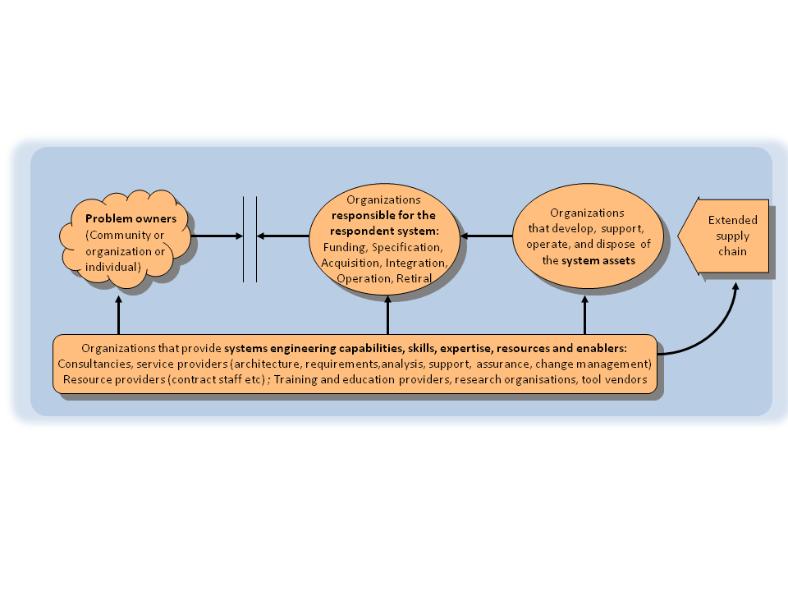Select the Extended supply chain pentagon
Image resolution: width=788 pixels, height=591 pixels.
click(x=726, y=236)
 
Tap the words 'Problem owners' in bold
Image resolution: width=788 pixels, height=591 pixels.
click(x=131, y=219)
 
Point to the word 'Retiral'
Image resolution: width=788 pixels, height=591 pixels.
click(x=415, y=279)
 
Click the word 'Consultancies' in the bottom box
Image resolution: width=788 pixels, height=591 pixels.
click(x=92, y=364)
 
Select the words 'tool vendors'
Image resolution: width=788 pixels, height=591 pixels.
click(x=615, y=379)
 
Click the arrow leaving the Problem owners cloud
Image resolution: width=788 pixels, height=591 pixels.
click(x=218, y=236)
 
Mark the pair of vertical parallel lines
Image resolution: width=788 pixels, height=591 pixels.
click(x=250, y=239)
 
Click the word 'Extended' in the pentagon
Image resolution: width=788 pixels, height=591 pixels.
click(x=733, y=220)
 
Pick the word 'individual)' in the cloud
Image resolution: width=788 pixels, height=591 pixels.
click(x=113, y=267)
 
